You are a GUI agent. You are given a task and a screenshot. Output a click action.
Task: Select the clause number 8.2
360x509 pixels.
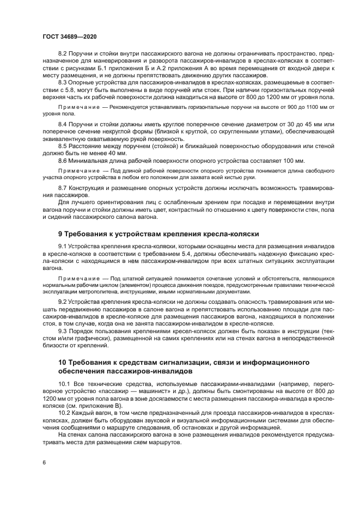coord(63,53)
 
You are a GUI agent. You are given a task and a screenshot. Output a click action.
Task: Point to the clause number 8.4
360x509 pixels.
coord(63,125)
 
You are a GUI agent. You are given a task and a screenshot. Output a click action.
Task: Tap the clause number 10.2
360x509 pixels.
coord(65,413)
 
